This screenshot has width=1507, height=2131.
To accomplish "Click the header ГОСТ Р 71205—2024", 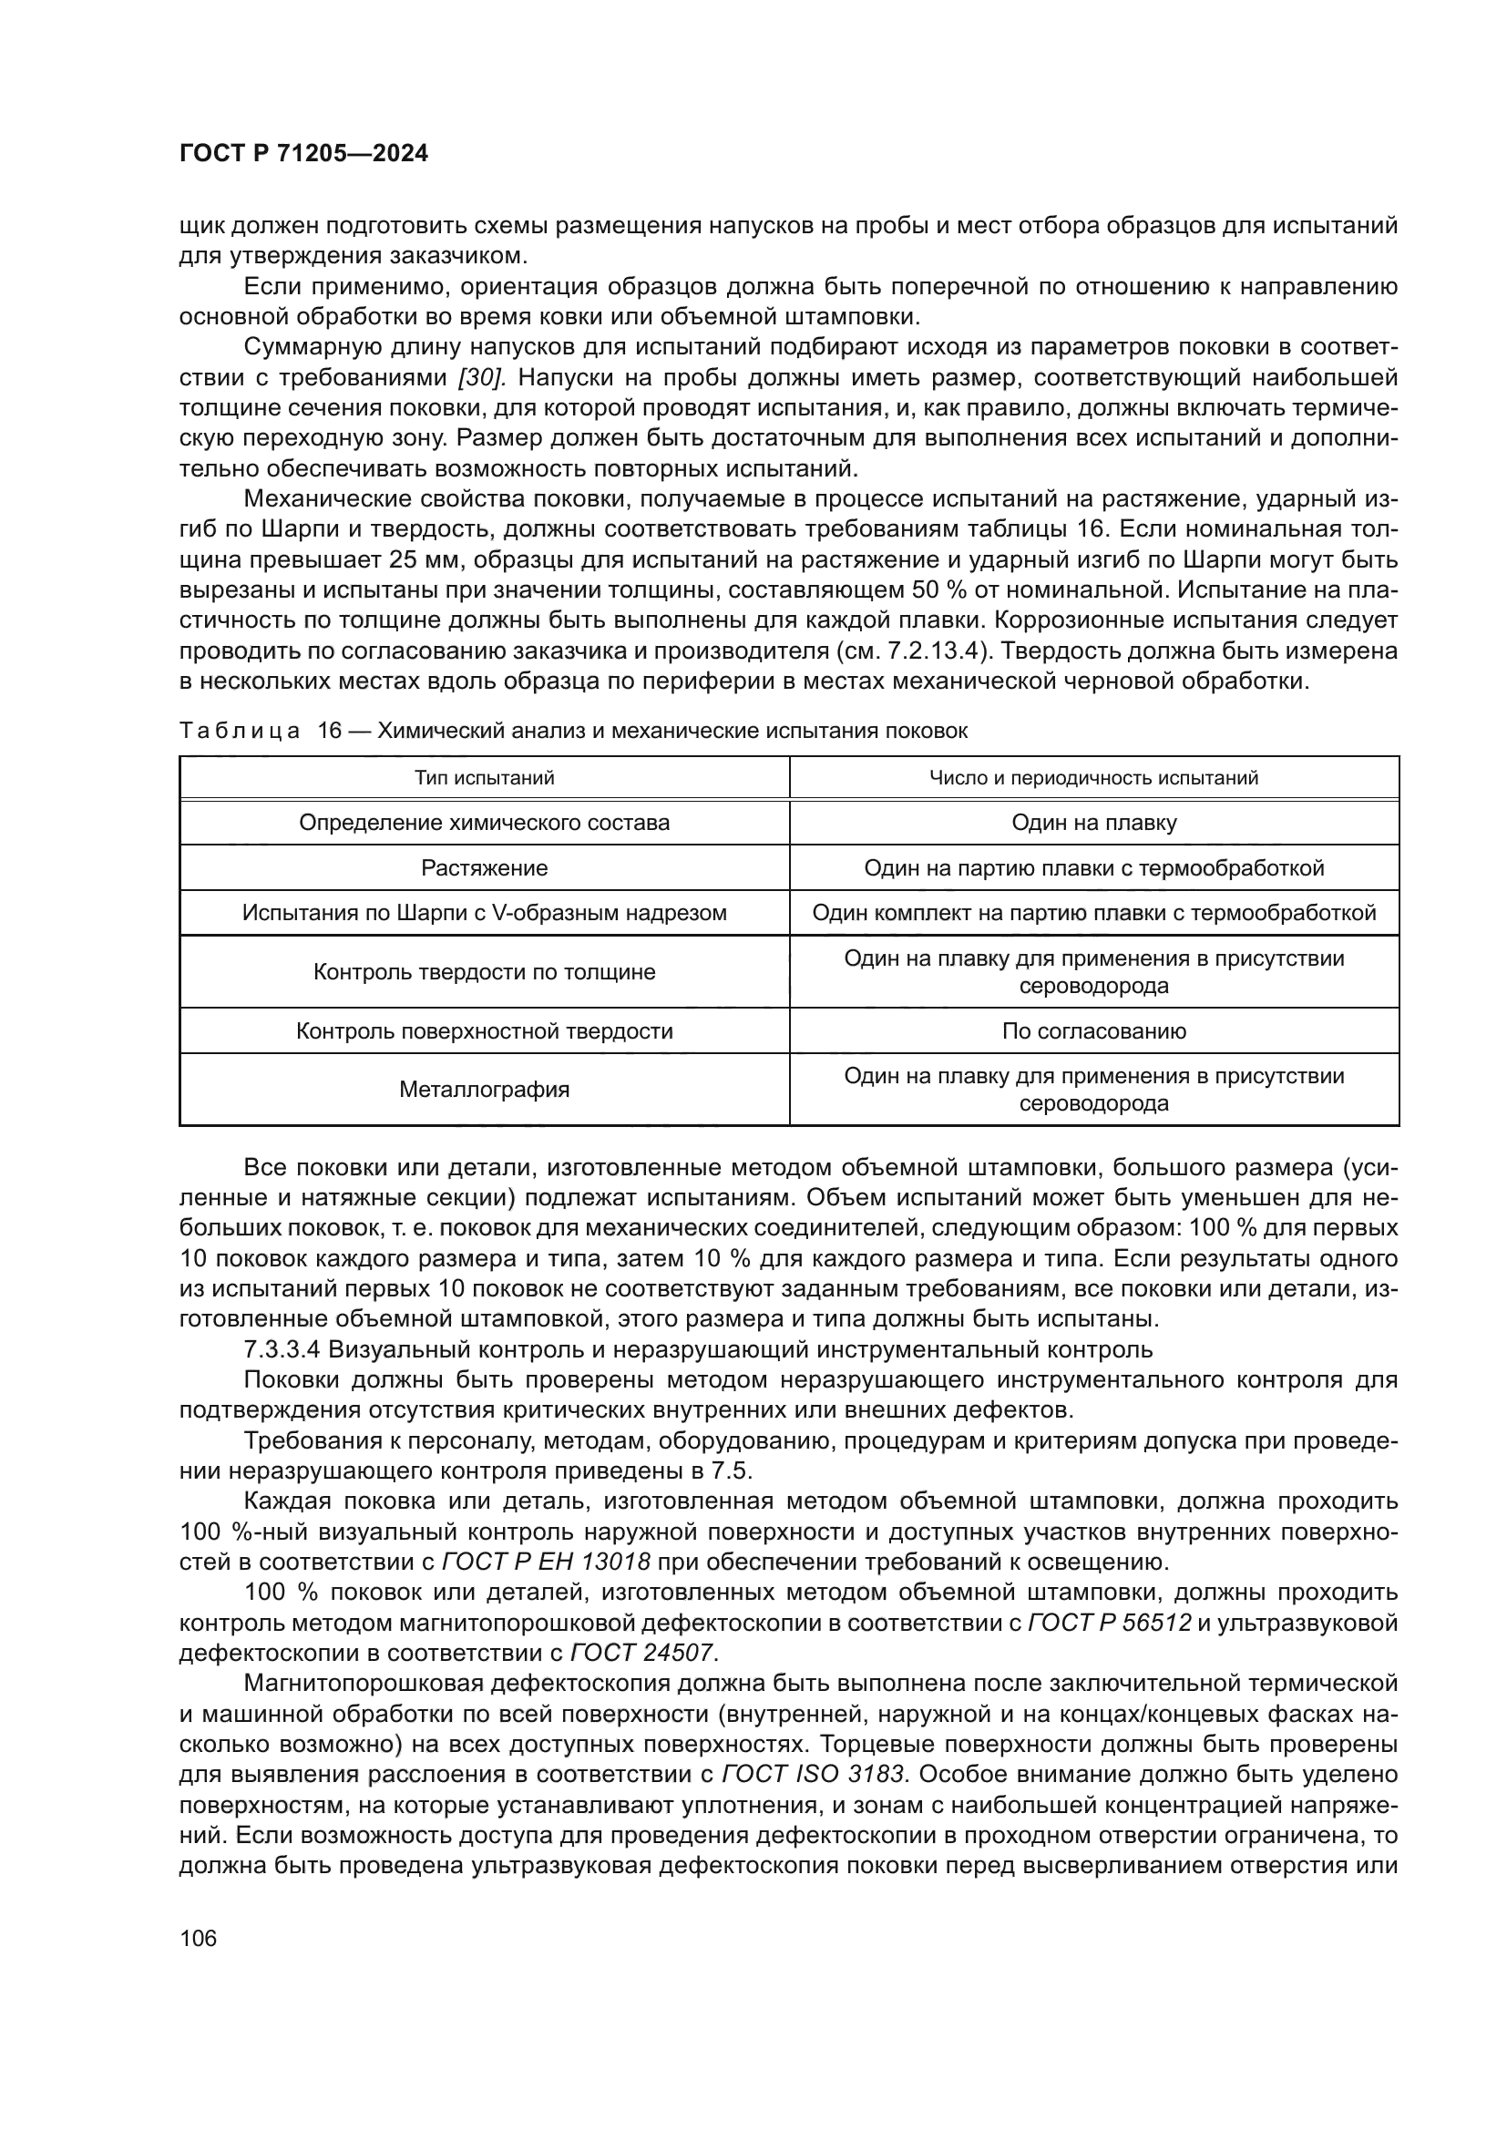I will pyautogui.click(x=303, y=154).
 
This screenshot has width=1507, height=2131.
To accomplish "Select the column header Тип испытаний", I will pyautogui.click(x=485, y=778).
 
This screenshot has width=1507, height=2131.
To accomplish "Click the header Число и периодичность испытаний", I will pyautogui.click(x=1094, y=778).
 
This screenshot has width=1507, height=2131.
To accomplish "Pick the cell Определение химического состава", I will pyautogui.click(x=485, y=824).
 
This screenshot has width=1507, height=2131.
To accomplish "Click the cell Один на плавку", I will pyautogui.click(x=1094, y=824).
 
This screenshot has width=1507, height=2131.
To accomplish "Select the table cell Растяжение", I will pyautogui.click(x=485, y=869).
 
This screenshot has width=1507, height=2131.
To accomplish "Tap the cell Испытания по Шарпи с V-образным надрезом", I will pyautogui.click(x=485, y=913).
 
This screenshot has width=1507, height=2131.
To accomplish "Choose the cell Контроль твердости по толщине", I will pyautogui.click(x=485, y=973).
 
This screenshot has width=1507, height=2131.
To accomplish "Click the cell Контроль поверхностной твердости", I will pyautogui.click(x=485, y=1031).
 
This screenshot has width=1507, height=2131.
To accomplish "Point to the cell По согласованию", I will pyautogui.click(x=1094, y=1031).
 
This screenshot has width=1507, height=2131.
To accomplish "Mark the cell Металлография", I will pyautogui.click(x=485, y=1090).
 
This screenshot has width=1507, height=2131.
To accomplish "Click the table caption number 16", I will pyautogui.click(x=330, y=731).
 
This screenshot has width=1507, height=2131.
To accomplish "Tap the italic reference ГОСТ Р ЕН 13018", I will pyautogui.click(x=546, y=1562).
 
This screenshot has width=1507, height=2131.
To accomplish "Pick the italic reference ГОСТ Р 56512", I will pyautogui.click(x=1110, y=1624).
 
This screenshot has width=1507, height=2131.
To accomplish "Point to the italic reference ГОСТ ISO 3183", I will pyautogui.click(x=813, y=1774).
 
